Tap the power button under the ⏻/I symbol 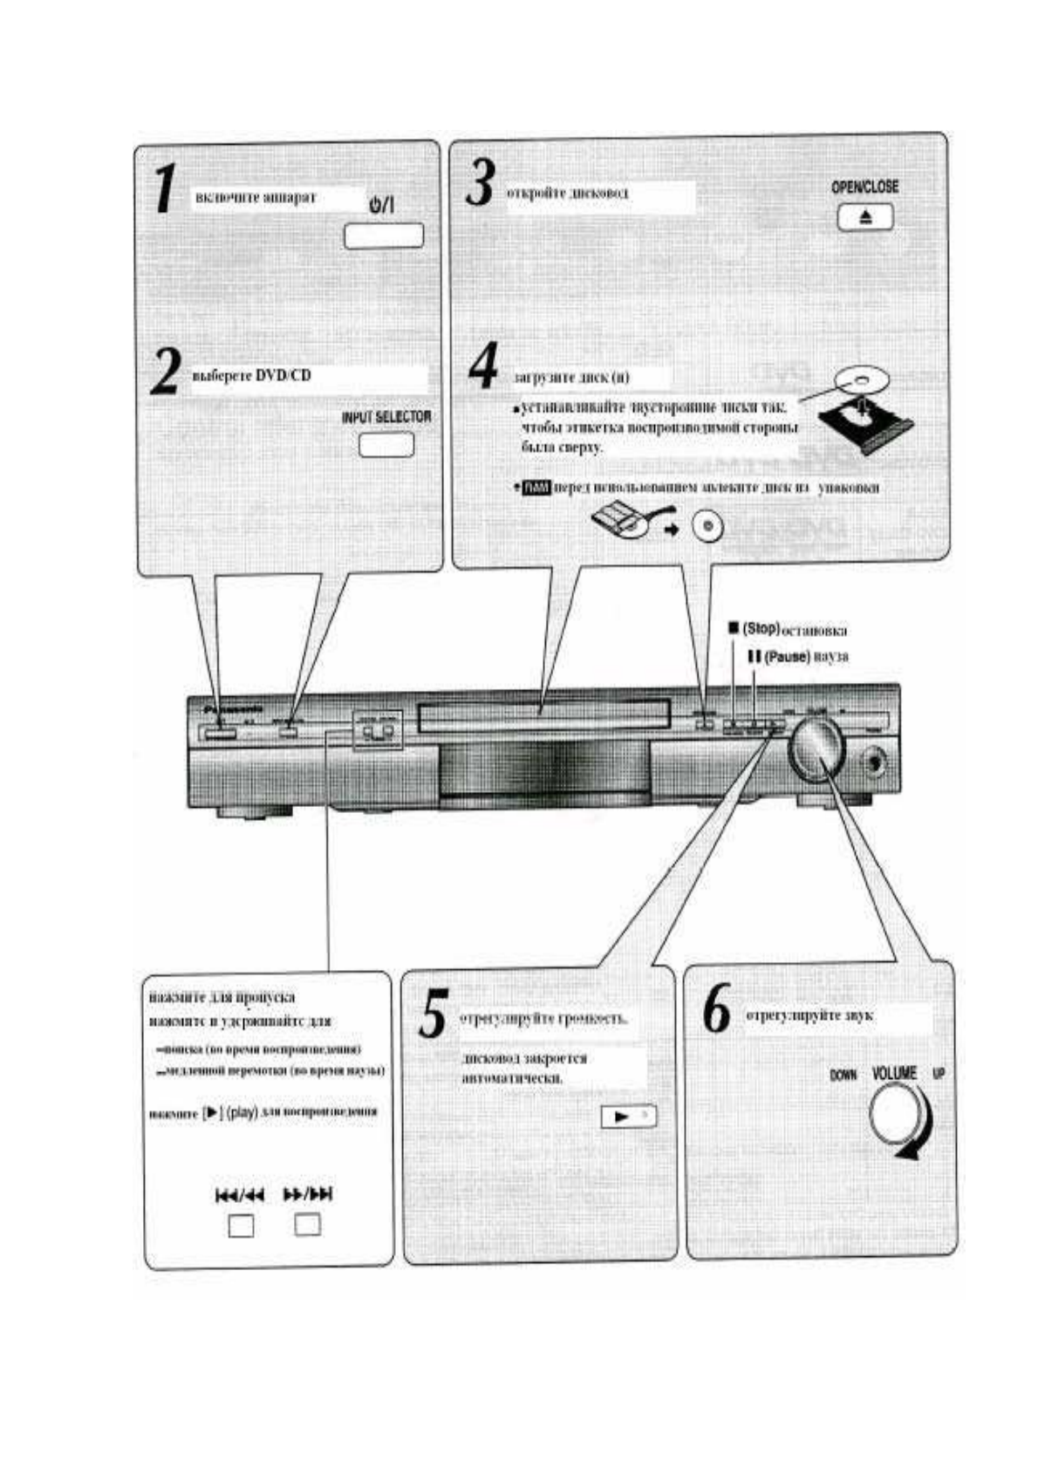pyautogui.click(x=383, y=236)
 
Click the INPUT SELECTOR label pyautogui.click(x=386, y=417)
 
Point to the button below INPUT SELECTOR pyautogui.click(x=386, y=445)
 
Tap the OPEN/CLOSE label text pyautogui.click(x=864, y=187)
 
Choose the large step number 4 pyautogui.click(x=483, y=366)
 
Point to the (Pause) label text pyautogui.click(x=788, y=655)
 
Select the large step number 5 pyautogui.click(x=434, y=1014)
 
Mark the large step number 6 pyautogui.click(x=717, y=1011)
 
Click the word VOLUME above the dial pyautogui.click(x=894, y=1073)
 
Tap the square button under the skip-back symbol pyautogui.click(x=240, y=1225)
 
